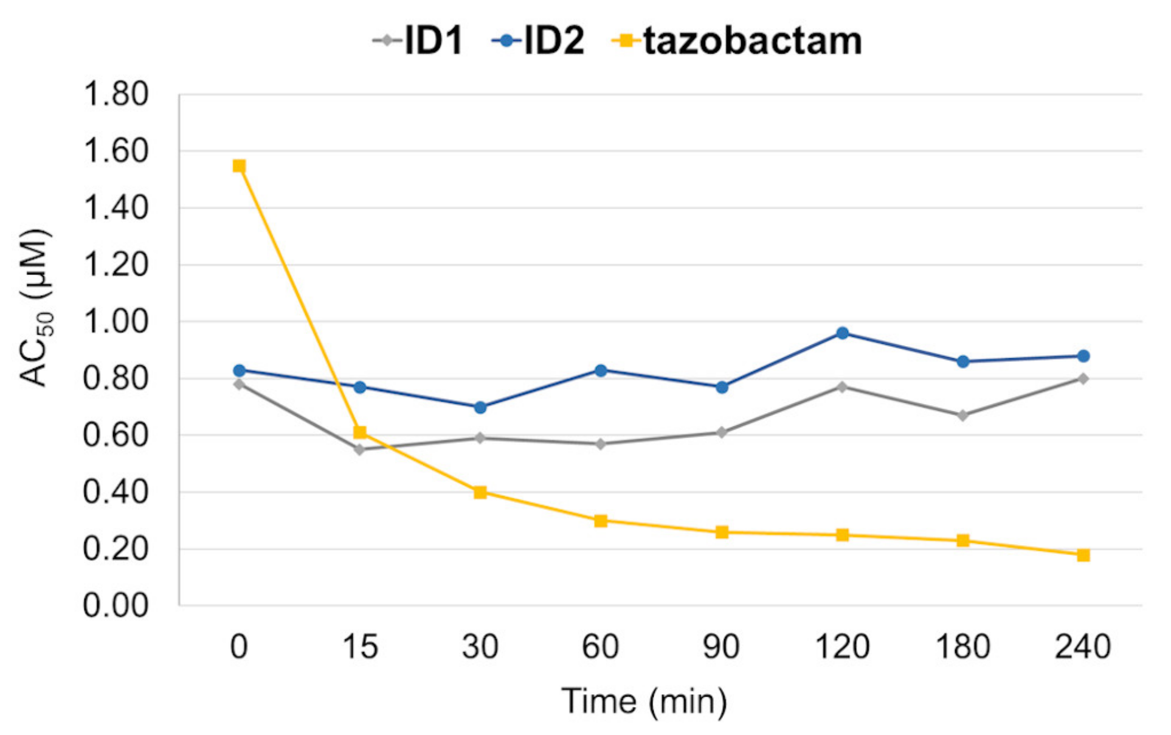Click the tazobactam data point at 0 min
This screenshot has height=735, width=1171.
tap(239, 166)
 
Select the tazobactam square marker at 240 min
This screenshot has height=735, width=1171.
tap(1083, 555)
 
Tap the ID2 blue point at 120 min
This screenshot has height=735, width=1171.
tap(842, 333)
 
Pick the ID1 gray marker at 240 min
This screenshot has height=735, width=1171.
tap(1083, 378)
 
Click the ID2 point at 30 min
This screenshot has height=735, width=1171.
tap(480, 407)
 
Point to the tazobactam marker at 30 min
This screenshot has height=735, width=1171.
tap(480, 492)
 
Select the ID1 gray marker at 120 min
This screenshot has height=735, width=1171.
tap(842, 387)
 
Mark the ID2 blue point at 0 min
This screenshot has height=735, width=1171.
tap(239, 371)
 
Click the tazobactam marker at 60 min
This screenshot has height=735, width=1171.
tap(601, 521)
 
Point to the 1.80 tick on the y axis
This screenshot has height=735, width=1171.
tap(116, 94)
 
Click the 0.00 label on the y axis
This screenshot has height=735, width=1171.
tap(116, 605)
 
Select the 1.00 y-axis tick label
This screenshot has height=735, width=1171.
tap(116, 321)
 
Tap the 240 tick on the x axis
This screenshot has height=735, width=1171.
tap(1083, 646)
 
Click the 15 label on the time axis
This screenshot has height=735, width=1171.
tap(359, 646)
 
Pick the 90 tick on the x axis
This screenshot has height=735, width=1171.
tap(721, 646)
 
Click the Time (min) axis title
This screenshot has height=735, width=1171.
tap(644, 701)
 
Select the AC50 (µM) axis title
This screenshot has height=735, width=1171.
tap(35, 307)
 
